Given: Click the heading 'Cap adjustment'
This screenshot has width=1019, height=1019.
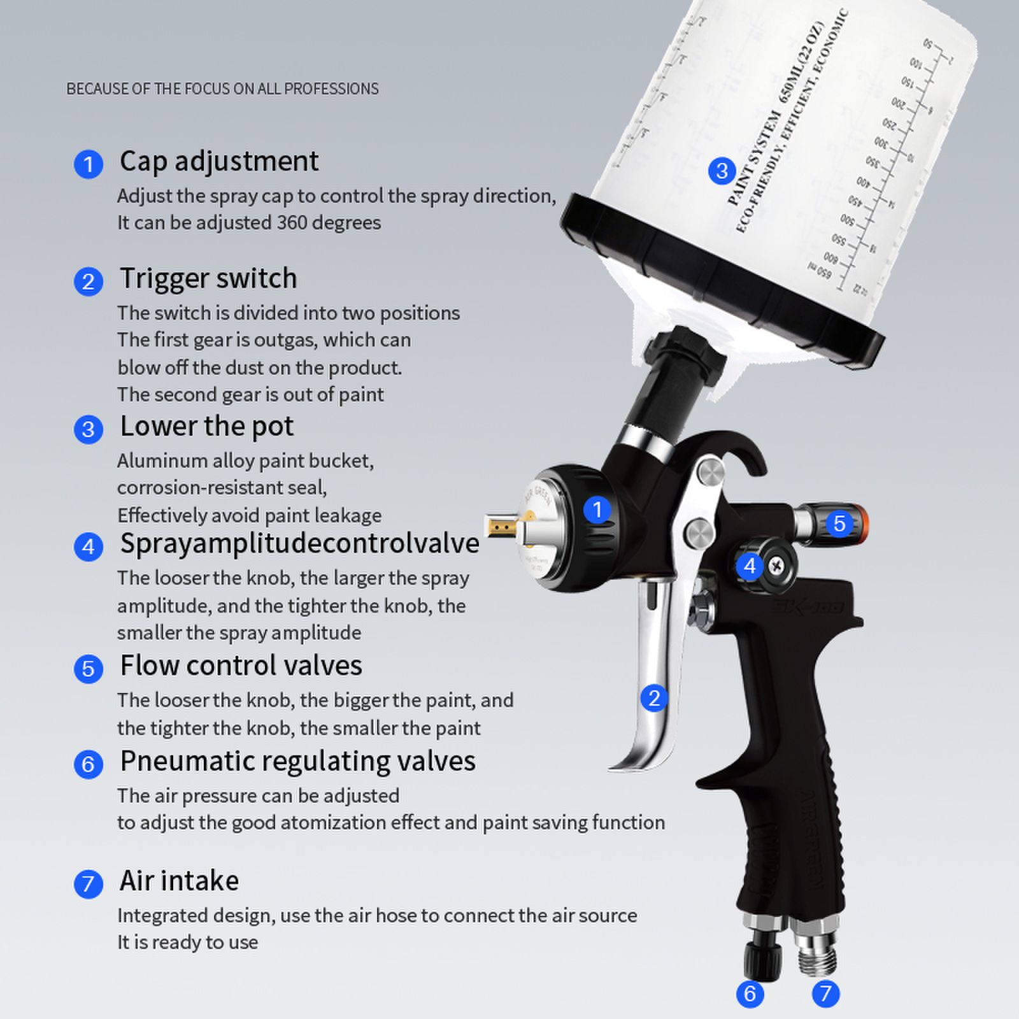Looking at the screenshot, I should pos(219,161).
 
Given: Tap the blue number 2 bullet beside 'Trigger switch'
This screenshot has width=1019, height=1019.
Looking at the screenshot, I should pos(89,281).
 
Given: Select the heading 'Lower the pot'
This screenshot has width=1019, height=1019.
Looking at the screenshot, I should pos(206,426).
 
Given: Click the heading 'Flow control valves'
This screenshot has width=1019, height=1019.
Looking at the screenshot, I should pos(241,666).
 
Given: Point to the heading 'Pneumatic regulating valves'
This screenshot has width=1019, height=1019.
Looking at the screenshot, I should pos(297,761).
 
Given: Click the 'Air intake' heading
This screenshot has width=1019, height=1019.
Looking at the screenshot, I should pos(179,881).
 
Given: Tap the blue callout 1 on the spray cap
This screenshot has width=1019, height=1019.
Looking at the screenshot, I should pos(597,509).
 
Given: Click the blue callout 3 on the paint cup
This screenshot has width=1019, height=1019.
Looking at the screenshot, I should pos(722,171).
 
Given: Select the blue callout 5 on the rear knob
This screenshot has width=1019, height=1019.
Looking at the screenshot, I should pos(839,524).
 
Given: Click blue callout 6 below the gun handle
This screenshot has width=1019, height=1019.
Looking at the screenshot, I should pos(750,993).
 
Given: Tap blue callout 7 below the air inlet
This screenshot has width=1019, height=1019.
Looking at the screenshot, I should pos(825,993).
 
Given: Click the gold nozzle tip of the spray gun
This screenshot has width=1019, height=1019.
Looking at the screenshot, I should pos(500,526).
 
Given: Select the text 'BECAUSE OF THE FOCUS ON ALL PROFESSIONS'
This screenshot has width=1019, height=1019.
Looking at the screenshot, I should pos(222,89).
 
